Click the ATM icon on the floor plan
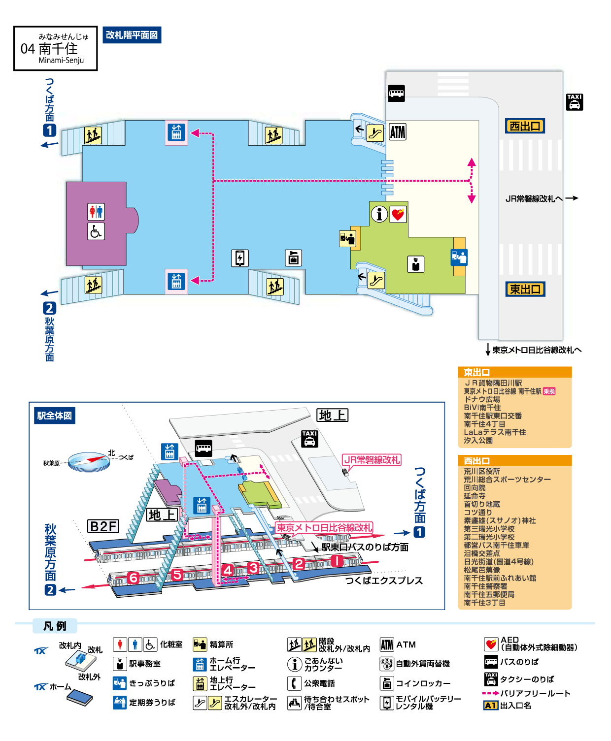click(397, 132)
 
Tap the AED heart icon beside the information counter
click(398, 214)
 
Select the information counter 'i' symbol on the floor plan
click(379, 214)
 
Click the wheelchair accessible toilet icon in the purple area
click(96, 231)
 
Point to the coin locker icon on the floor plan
click(293, 258)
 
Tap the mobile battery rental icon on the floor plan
click(240, 258)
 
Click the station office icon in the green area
click(415, 264)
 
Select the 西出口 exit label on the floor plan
click(525, 126)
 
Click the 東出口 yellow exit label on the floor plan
click(525, 289)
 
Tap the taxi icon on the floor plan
click(575, 102)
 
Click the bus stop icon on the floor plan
click(396, 94)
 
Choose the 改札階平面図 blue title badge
click(132, 35)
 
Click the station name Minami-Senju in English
click(61, 61)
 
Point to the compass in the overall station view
click(89, 462)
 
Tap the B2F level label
click(103, 526)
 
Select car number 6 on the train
click(133, 578)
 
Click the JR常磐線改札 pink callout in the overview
click(371, 460)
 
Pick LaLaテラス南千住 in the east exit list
click(495, 432)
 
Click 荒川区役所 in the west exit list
click(482, 471)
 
